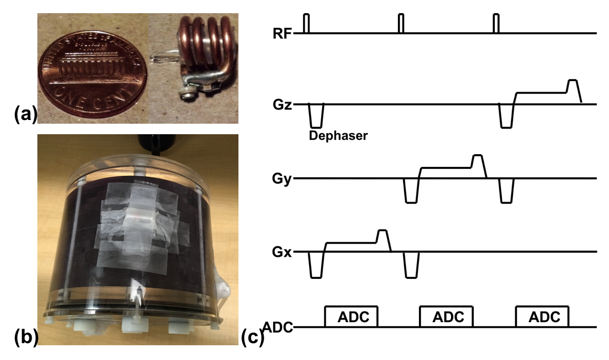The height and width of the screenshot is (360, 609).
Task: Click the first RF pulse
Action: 307,24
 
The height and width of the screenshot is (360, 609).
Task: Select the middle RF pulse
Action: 401,24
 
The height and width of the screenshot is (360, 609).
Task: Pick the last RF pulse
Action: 495,24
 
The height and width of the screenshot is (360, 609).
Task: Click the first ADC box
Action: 352,317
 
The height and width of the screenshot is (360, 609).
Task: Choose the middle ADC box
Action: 446,317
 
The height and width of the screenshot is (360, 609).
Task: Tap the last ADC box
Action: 543,317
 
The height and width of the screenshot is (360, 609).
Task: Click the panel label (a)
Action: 24,113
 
